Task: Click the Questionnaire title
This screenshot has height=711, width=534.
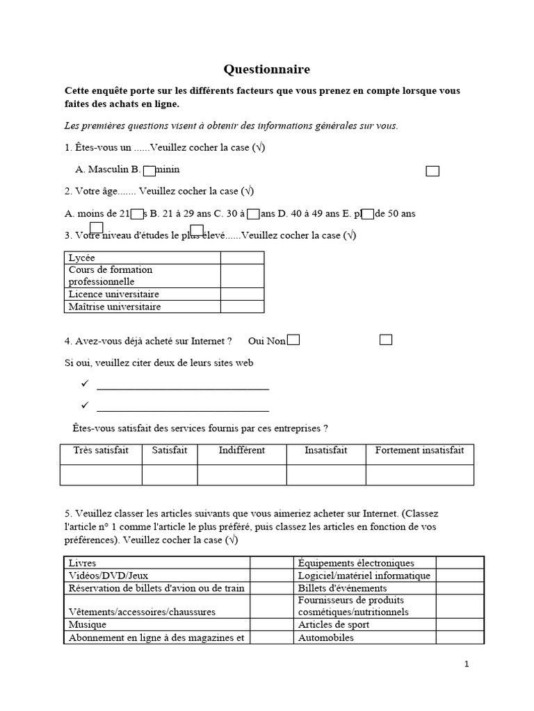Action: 266,69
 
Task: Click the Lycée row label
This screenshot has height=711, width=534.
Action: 82,258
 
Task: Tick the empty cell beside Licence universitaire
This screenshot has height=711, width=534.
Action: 242,294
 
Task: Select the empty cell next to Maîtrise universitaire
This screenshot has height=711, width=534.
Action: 242,306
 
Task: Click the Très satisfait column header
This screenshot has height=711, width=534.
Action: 101,451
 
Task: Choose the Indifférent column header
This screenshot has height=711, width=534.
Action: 241,451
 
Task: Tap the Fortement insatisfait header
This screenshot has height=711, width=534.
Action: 419,451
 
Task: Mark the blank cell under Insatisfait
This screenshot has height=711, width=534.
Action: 325,475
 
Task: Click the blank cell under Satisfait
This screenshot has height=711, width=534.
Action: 169,475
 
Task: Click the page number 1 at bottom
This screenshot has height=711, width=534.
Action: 467,664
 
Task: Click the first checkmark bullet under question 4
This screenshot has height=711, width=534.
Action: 85,384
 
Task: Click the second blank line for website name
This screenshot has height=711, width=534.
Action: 183,410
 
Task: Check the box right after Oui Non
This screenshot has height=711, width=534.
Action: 293,340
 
